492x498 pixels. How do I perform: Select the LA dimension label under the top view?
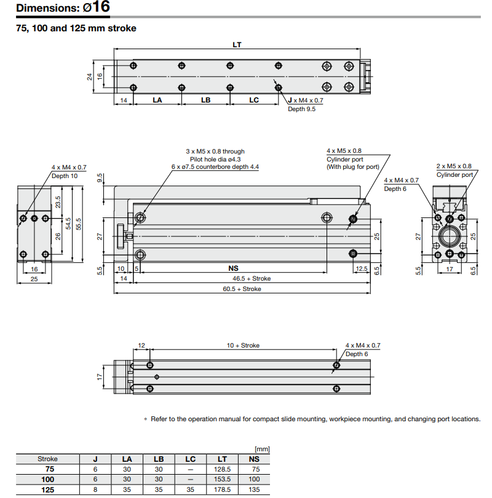click(157, 100)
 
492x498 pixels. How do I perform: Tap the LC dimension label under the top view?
click(254, 100)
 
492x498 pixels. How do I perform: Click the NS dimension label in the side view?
click(233, 268)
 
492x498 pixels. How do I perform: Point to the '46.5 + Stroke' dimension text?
click(251, 279)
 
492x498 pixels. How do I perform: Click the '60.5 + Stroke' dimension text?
click(242, 289)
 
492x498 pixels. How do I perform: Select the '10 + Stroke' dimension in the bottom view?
click(243, 346)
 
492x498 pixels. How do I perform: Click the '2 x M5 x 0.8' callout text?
click(454, 166)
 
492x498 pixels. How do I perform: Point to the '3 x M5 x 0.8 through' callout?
click(215, 151)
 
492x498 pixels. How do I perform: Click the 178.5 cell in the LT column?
click(222, 489)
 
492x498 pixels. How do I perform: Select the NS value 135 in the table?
click(253, 489)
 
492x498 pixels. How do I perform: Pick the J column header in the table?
click(95, 459)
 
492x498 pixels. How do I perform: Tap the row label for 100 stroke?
click(47, 479)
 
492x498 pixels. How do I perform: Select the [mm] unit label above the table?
click(261, 449)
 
